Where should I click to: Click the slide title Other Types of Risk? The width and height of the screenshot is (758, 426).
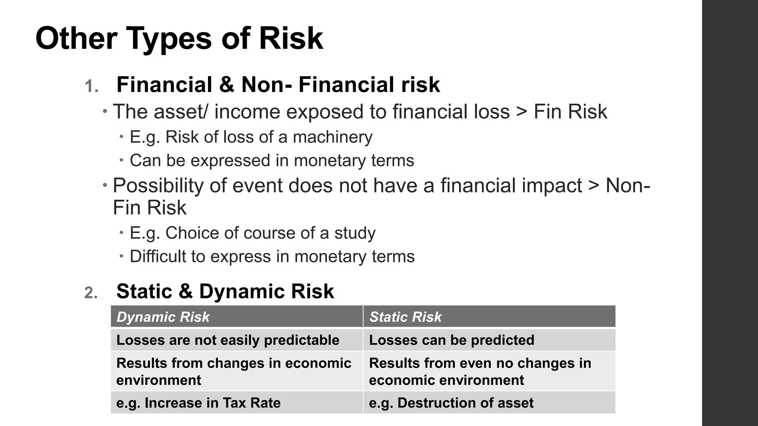[x=179, y=38]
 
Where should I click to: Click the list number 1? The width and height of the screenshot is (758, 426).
[x=91, y=87]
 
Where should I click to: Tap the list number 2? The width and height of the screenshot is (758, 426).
[x=91, y=293]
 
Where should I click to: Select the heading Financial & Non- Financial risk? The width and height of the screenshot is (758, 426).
[x=278, y=85]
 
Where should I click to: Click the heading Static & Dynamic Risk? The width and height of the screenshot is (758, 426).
[x=225, y=291]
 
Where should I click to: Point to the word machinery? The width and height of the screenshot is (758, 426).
[x=332, y=137]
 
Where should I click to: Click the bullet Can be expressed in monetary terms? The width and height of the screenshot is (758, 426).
[x=272, y=160]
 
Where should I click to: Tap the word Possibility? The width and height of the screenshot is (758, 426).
[x=158, y=185]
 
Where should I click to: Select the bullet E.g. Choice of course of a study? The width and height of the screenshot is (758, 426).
[x=252, y=233]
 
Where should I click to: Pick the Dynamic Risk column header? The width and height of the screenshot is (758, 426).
[x=163, y=317]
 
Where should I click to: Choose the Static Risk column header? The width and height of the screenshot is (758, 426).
[x=405, y=317]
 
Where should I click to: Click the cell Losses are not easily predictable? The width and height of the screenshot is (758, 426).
[x=228, y=340]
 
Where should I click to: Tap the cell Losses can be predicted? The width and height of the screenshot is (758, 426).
[x=452, y=340]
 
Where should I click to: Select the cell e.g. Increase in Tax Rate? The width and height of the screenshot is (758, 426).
[x=198, y=403]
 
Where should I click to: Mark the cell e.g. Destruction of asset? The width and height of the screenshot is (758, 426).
[x=451, y=403]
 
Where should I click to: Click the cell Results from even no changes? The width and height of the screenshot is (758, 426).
[x=480, y=371]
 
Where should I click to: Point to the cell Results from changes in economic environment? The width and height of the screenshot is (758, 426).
[x=234, y=371]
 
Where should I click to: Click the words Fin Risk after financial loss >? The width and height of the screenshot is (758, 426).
[x=570, y=112]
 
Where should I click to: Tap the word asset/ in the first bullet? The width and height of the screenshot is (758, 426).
[x=181, y=112]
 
